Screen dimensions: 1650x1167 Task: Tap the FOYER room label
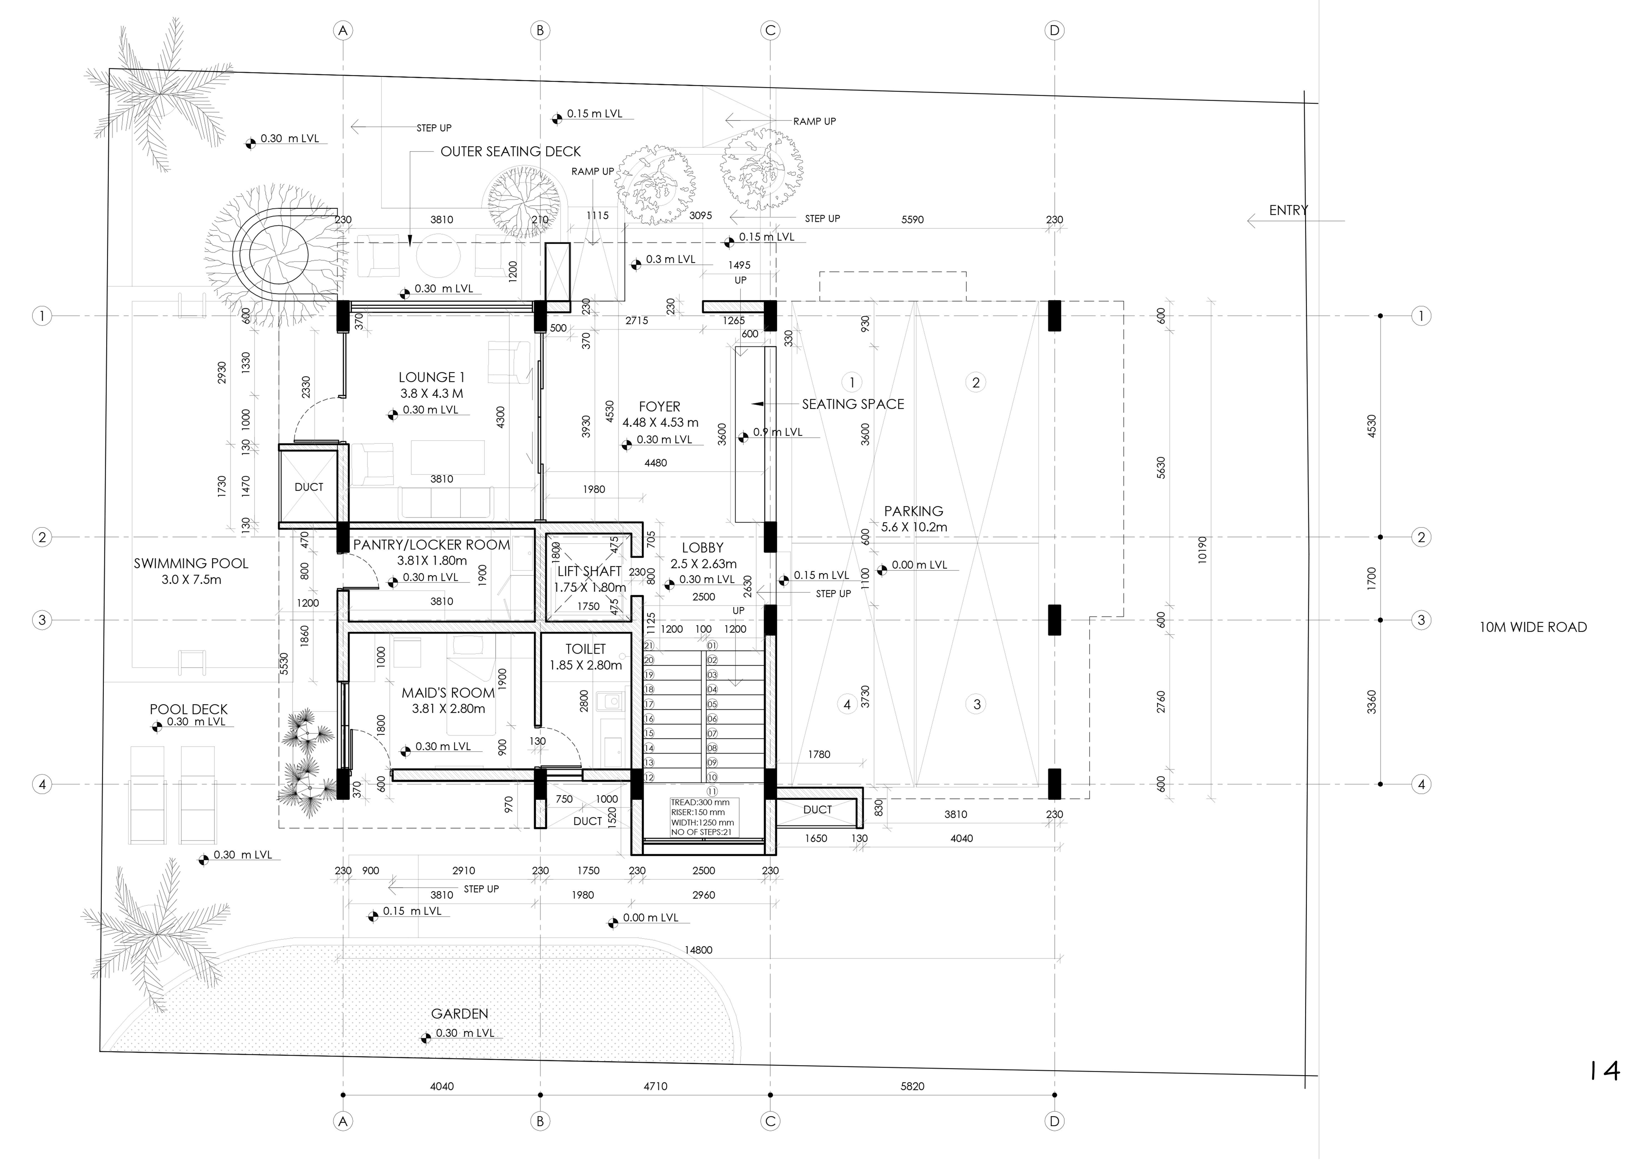[x=659, y=407]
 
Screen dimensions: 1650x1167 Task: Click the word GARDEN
[x=460, y=1014]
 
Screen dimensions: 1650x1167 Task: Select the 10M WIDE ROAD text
[x=1533, y=627]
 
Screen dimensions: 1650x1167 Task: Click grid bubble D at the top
[x=1054, y=30]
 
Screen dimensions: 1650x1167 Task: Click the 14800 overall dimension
[x=699, y=950]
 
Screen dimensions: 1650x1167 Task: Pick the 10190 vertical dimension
[x=1202, y=550]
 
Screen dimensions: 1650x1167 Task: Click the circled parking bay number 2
[x=976, y=383]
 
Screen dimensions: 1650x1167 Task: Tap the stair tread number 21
[x=649, y=646]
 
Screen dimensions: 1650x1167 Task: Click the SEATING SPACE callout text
[x=853, y=404]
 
